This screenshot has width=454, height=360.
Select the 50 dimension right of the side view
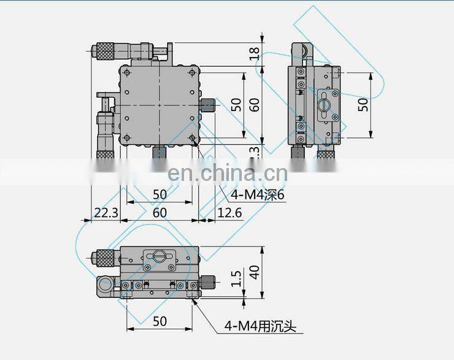click(x=364, y=105)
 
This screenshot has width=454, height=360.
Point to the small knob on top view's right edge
click(x=209, y=105)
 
